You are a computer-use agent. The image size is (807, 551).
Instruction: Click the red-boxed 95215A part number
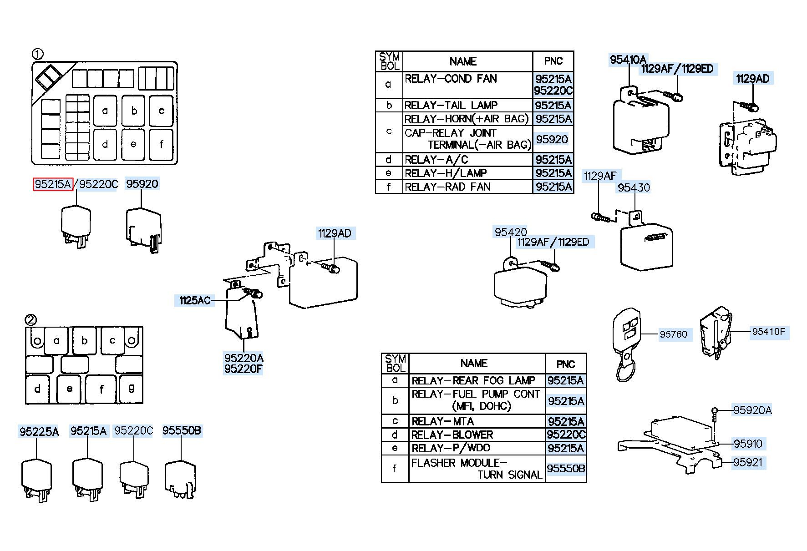(53, 184)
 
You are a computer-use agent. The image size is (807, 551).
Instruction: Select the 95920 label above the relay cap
(142, 184)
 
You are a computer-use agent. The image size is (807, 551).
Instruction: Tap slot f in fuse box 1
(161, 145)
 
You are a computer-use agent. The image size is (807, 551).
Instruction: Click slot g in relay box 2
(131, 388)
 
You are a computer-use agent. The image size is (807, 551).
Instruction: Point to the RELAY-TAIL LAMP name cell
(467, 105)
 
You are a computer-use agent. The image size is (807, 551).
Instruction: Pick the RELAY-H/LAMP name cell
(467, 173)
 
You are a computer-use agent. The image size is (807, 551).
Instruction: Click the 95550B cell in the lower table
(566, 468)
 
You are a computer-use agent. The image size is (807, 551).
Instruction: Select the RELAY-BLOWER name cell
(477, 435)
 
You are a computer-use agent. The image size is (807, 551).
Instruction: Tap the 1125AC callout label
(195, 300)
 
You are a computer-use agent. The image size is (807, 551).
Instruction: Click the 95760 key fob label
(673, 334)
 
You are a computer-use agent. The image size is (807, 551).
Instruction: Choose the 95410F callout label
(769, 332)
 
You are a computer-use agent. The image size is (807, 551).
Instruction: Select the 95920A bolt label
(752, 410)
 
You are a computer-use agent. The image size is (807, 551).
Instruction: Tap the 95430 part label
(634, 187)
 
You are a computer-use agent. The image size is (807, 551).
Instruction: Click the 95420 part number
(511, 232)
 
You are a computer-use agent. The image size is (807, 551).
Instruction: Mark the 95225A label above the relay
(39, 431)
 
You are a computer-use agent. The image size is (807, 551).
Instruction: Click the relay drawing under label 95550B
(181, 480)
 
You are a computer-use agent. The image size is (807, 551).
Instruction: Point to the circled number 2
(30, 320)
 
